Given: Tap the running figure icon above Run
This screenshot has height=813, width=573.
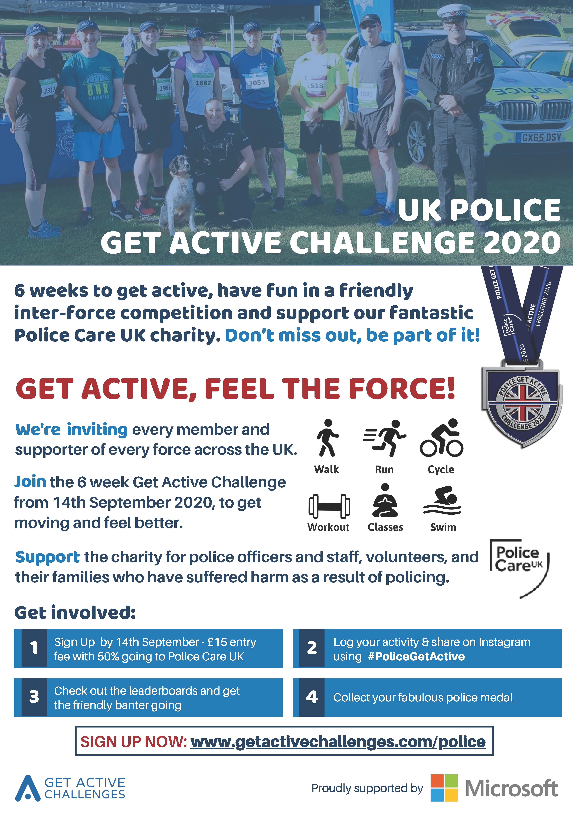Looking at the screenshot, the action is click(x=384, y=438).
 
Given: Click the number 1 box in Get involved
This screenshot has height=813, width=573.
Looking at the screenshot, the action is click(x=34, y=648).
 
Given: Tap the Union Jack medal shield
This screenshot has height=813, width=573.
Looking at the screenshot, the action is click(x=522, y=404).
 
